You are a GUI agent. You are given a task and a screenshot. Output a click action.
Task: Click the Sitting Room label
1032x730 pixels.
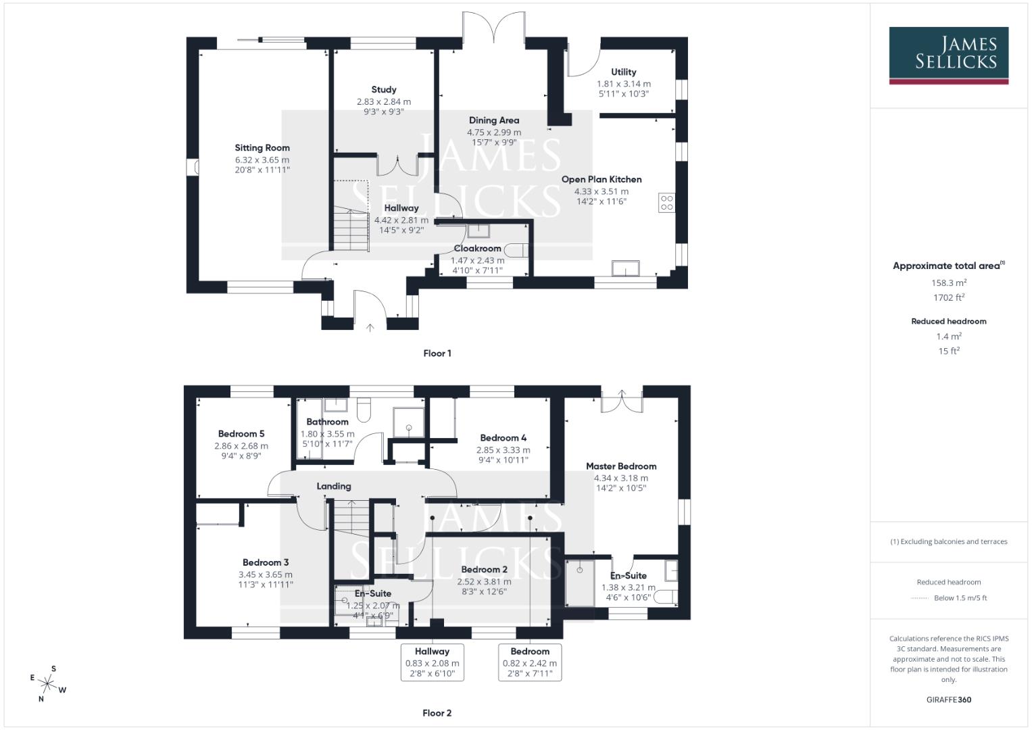pos(262,147)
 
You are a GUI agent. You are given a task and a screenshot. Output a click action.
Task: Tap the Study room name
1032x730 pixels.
pos(384,89)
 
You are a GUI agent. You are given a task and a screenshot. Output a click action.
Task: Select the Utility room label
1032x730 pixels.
pos(623,72)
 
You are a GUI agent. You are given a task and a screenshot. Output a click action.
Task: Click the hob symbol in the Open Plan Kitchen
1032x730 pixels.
pos(666,203)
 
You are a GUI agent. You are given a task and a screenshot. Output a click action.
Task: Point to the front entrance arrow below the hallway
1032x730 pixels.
pos(370,328)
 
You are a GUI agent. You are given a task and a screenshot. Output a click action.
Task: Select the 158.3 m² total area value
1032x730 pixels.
pos(948,283)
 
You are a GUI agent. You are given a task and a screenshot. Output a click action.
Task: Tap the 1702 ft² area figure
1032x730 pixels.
pos(948,297)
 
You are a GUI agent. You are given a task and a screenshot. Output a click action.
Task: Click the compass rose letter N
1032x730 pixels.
pos(41,699)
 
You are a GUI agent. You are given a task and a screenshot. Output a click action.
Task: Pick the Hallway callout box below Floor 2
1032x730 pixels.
pos(432,662)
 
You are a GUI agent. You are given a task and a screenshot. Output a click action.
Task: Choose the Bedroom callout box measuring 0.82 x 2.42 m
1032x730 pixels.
pos(530,662)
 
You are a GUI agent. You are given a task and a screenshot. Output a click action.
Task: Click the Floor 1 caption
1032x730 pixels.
pos(437,353)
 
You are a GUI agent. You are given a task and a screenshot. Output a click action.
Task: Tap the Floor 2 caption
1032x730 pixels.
pos(437,712)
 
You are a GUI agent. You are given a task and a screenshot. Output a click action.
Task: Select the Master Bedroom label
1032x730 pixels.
pos(620,466)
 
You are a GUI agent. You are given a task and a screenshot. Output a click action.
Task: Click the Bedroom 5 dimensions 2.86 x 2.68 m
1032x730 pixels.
pos(241,446)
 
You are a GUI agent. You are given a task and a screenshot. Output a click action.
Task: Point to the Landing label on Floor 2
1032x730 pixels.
pos(334,486)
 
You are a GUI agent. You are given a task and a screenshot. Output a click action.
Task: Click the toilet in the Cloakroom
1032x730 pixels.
pos(517,250)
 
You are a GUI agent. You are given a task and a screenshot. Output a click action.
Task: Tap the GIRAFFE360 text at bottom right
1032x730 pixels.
pos(948,700)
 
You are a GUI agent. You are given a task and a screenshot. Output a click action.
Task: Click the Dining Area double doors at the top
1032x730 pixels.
pos(493,30)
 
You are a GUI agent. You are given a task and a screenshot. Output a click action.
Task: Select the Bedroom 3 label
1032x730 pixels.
pos(266,562)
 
